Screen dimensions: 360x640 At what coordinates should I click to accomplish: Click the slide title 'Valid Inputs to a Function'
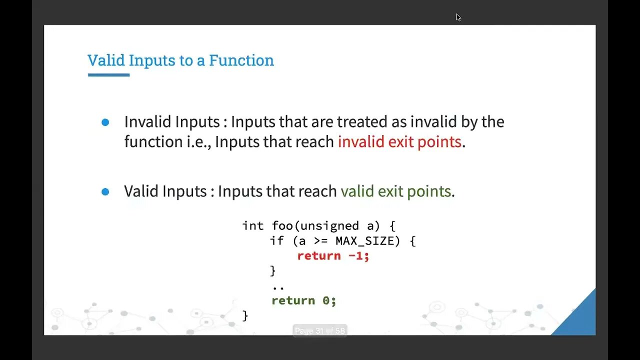pos(180,60)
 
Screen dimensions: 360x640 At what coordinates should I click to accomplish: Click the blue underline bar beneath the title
pos(108,75)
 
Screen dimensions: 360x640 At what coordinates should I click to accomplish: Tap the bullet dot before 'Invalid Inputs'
pos(105,122)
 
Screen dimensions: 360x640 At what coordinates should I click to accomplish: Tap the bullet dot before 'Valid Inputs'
pos(105,191)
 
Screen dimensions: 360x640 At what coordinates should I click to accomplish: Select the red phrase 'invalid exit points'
pos(399,141)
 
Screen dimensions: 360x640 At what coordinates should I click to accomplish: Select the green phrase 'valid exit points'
pos(395,191)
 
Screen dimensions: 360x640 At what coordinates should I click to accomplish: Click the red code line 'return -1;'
pos(333,256)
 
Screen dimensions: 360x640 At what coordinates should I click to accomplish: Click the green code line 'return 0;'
pos(303,300)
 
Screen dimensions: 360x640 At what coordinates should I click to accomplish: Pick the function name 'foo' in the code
pos(282,226)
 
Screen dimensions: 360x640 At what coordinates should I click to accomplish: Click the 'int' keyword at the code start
pos(252,226)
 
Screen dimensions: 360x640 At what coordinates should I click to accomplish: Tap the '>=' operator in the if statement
pos(321,241)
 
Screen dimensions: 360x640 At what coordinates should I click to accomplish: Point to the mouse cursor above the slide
pos(458,17)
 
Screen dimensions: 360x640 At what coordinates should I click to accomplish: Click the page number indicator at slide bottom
pos(319,331)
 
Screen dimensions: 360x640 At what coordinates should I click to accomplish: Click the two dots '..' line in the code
pos(278,287)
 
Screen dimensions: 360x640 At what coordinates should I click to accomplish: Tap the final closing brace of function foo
pos(245,315)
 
